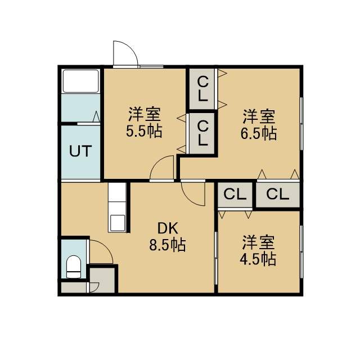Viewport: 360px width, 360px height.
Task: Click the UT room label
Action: (80, 151)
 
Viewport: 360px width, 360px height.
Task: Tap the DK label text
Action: (168, 228)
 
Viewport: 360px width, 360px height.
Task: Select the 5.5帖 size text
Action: (144, 131)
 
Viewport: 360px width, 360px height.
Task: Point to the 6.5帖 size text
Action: (259, 133)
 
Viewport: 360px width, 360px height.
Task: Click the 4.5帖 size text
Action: (258, 259)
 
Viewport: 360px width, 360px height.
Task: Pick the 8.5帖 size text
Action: (168, 245)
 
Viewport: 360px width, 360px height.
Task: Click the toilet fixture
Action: (74, 267)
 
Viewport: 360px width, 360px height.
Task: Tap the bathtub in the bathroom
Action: (80, 81)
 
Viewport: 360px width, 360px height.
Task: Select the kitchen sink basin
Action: (118, 223)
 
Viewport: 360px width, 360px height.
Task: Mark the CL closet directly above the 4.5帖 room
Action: (235, 195)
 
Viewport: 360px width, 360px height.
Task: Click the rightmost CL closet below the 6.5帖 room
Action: (278, 194)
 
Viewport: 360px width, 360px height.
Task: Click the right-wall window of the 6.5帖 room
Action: (301, 124)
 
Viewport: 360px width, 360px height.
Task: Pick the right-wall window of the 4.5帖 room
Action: (301, 252)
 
